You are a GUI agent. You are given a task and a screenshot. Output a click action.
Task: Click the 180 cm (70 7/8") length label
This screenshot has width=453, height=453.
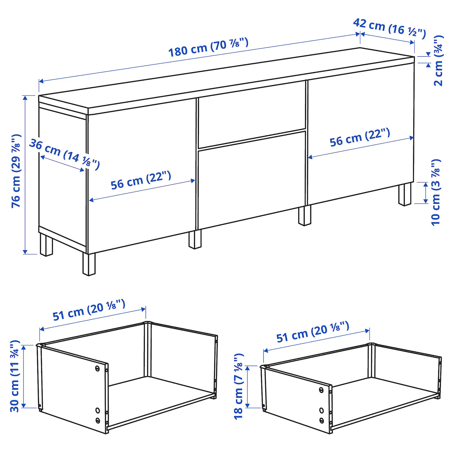click(208, 47)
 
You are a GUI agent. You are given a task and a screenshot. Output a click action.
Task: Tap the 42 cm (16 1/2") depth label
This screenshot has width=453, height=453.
click(389, 28)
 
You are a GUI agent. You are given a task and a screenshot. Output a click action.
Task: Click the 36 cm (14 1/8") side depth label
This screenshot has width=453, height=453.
click(64, 154)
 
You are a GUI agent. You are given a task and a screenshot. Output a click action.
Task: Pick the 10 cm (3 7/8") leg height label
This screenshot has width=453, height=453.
click(436, 192)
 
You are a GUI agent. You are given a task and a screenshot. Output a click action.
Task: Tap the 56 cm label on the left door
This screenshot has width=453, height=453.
click(141, 180)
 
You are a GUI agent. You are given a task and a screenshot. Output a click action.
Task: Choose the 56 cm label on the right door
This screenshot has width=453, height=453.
click(359, 137)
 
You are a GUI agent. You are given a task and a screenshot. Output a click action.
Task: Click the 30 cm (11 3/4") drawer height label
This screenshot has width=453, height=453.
click(15, 376)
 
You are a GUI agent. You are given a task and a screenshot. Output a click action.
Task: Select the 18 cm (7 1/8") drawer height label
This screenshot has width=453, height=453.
click(238, 386)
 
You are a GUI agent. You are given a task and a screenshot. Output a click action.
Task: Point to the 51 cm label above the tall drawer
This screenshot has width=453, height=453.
click(89, 310)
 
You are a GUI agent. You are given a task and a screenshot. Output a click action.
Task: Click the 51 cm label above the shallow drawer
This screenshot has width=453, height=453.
click(313, 332)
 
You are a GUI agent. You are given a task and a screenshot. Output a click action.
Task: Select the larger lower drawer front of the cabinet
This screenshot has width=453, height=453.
click(252, 181)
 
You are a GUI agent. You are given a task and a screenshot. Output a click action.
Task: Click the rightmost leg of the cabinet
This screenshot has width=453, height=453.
click(404, 194)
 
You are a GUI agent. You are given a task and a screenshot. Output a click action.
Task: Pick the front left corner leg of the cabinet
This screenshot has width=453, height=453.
click(89, 264)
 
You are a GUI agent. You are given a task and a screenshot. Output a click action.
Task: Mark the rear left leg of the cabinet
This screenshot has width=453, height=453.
click(46, 245)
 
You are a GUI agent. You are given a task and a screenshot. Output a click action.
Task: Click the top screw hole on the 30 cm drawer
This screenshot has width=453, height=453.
click(97, 368)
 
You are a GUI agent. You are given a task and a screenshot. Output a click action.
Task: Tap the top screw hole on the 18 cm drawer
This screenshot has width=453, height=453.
click(321, 390)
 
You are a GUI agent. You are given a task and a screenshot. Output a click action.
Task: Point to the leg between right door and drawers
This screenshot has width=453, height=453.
click(304, 215)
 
